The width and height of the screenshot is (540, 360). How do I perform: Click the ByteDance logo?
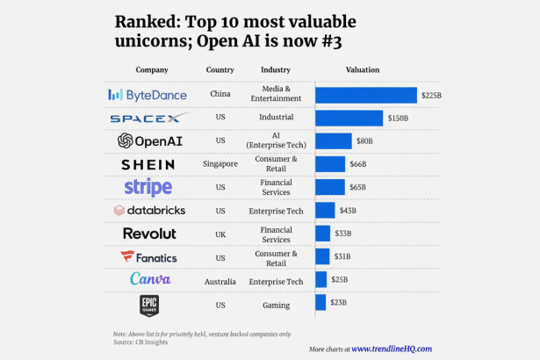(x=146, y=94)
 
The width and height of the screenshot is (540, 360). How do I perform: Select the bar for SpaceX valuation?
(x=349, y=118)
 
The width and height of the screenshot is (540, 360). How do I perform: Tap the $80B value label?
(x=364, y=140)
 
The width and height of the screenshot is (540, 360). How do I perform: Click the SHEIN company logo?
(x=148, y=164)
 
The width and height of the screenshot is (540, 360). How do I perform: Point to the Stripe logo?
(x=148, y=187)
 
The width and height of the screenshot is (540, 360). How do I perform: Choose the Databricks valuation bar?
(x=325, y=210)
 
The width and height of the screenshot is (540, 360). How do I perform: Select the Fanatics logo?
(x=148, y=257)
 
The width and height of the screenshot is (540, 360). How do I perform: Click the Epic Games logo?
(x=149, y=304)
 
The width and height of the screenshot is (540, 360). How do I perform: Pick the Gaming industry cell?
(x=276, y=303)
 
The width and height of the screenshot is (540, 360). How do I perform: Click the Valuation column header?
(x=363, y=69)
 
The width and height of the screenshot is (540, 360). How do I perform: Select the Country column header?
(x=220, y=69)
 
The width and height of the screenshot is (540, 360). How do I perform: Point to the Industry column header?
(x=276, y=69)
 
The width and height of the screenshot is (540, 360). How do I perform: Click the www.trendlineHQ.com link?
(x=392, y=349)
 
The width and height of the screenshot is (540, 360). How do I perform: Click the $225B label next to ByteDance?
(x=430, y=95)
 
